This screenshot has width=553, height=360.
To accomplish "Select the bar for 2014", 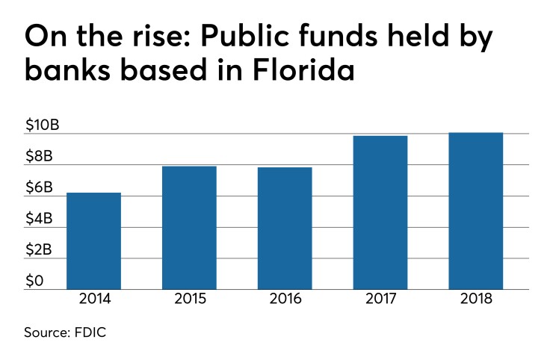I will coord(93,240).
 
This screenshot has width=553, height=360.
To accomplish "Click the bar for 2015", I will coord(189,227).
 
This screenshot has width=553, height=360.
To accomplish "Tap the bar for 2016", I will coord(285,228).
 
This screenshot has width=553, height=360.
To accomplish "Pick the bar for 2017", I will coord(380,212).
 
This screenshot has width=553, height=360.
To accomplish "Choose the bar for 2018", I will coord(476,211).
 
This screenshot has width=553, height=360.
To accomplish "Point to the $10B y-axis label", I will coord(42,125).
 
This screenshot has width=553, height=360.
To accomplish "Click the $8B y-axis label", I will coord(39,157).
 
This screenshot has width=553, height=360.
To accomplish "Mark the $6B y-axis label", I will coord(39,188).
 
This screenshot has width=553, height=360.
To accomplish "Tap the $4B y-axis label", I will coord(39,220).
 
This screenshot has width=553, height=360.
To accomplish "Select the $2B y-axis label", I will coord(39,250).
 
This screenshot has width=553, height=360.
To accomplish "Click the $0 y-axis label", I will coord(34,282).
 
